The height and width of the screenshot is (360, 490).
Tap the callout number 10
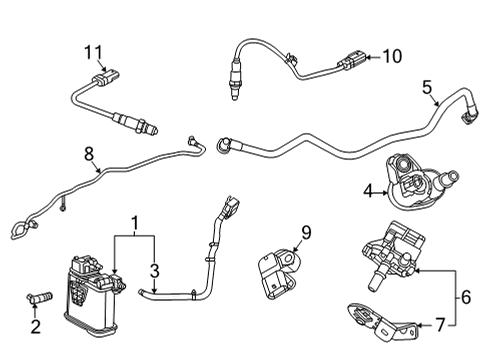point(391,56)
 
